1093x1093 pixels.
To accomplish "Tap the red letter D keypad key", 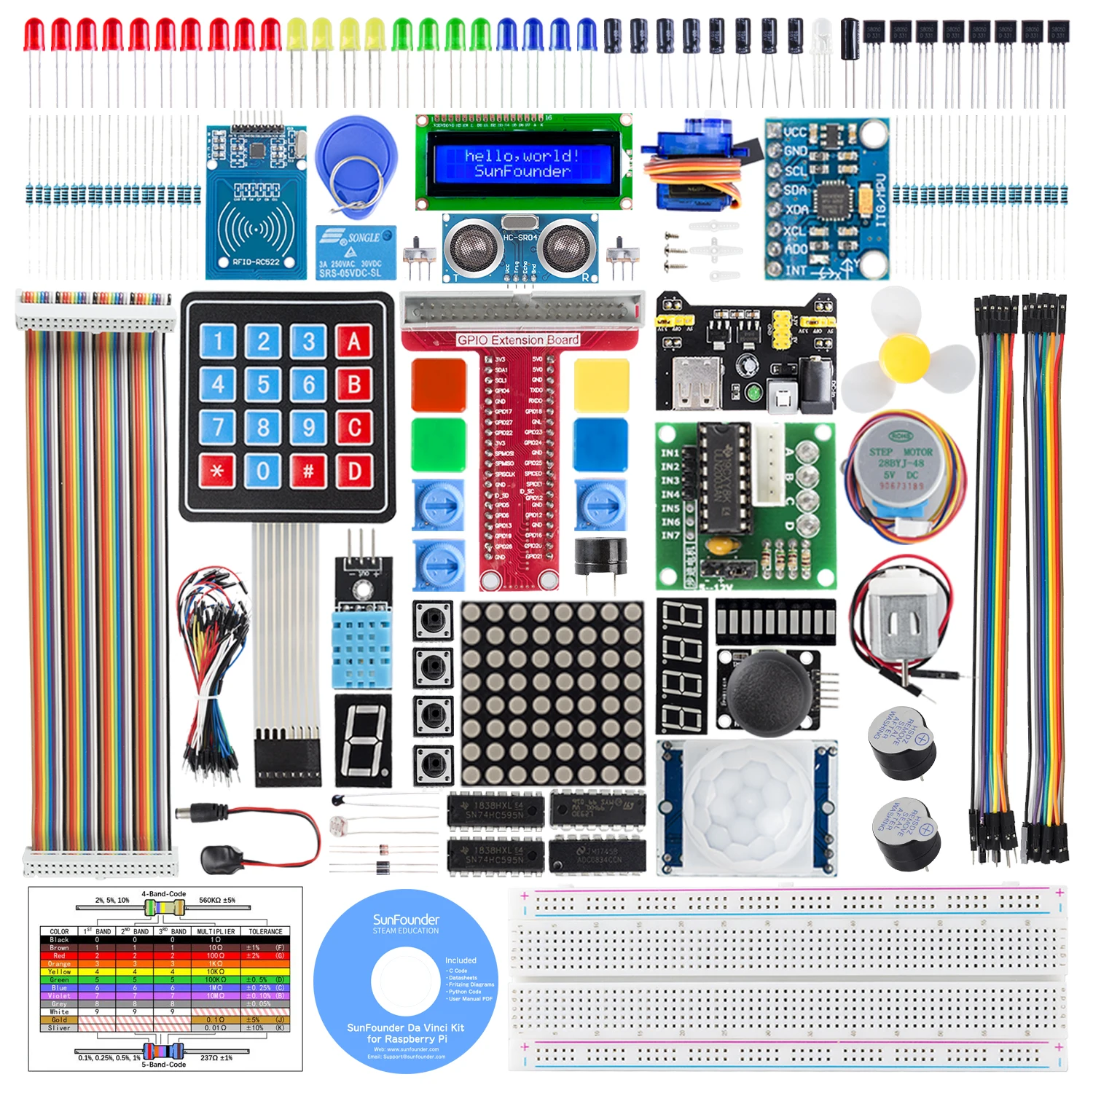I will click(x=354, y=471).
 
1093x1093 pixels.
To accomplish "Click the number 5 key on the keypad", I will click(x=263, y=384).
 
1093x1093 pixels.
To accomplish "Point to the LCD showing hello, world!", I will click(x=522, y=163).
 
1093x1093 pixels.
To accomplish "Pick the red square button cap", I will click(x=439, y=385).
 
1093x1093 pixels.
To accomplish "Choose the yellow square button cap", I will click(x=601, y=385).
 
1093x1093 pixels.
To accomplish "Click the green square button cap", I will click(x=439, y=444).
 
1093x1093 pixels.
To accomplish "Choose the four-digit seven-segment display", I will click(x=682, y=666).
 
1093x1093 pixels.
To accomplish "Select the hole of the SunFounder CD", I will click(x=406, y=981).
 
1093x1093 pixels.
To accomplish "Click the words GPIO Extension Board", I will click(x=518, y=340).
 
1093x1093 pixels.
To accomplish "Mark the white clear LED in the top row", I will click(x=822, y=33).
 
